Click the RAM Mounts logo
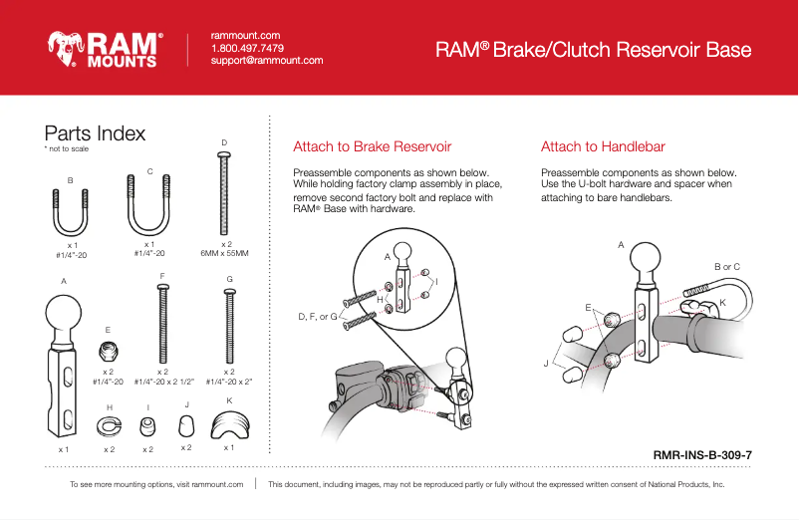point(104,48)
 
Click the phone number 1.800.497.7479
point(247,48)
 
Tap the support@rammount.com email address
point(267,61)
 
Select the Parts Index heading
point(95,133)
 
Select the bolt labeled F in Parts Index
point(161,324)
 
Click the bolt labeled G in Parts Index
point(229,324)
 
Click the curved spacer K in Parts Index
point(229,425)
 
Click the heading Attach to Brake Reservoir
point(373,147)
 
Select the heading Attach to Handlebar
point(603,147)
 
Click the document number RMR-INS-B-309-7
point(701,454)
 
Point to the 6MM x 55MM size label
point(224,253)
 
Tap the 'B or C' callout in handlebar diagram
point(727,267)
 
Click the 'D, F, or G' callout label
point(318,317)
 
